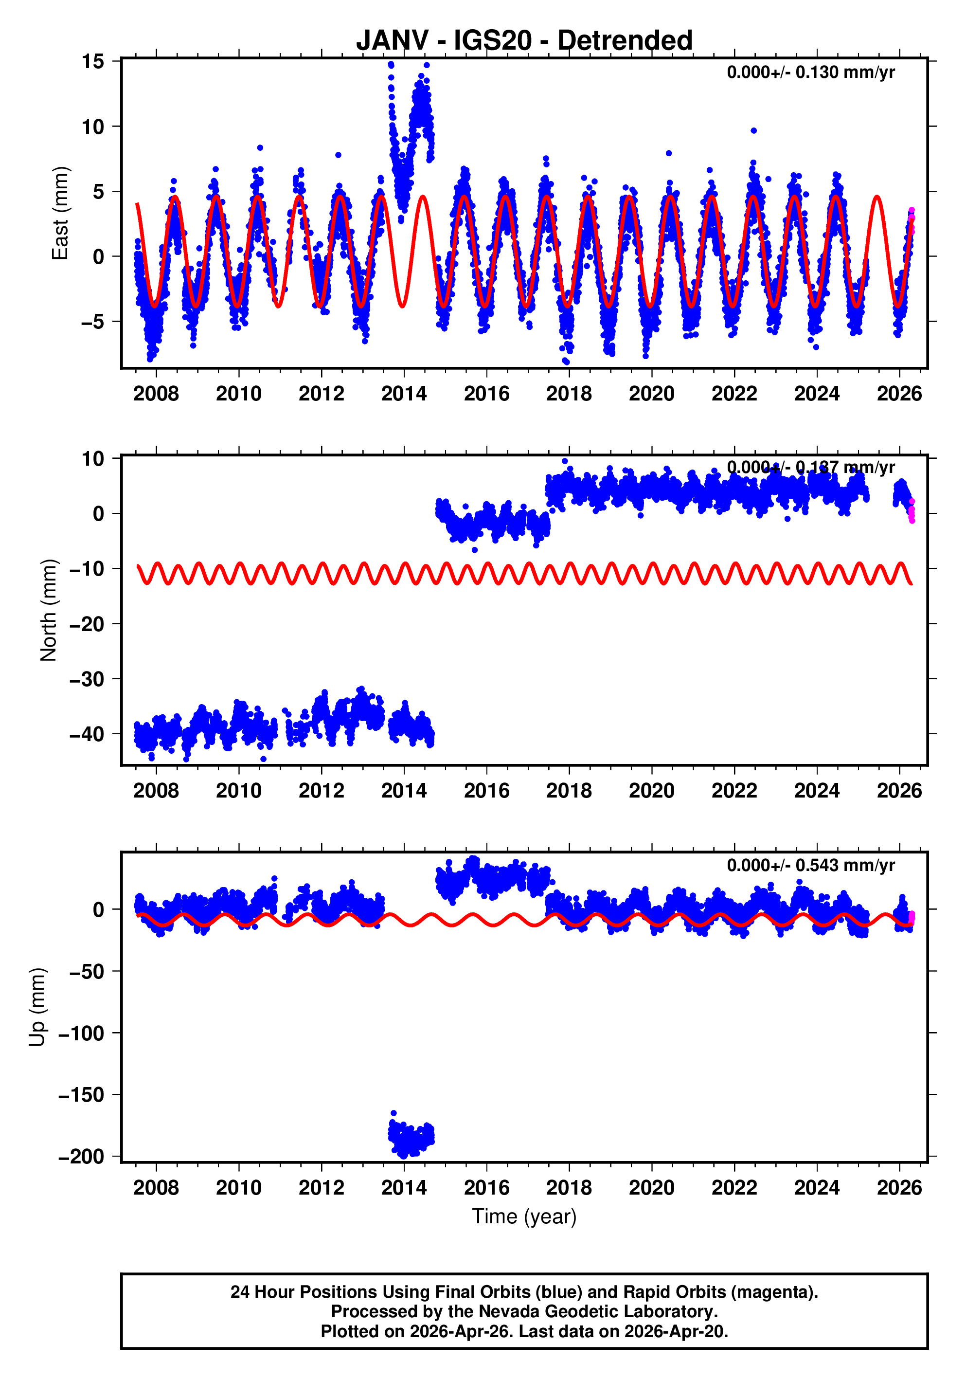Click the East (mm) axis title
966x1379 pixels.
(x=60, y=213)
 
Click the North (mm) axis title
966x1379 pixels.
(x=49, y=610)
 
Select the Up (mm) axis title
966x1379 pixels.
(x=37, y=1007)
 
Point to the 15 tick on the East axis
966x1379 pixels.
(x=93, y=61)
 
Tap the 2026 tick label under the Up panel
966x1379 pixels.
(x=899, y=1188)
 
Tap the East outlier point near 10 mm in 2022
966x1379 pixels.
(x=753, y=130)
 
